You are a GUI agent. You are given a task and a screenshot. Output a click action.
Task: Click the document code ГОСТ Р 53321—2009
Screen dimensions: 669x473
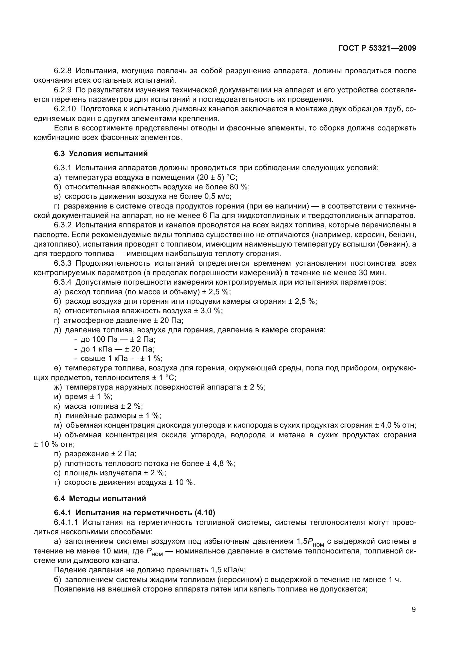coord(377,48)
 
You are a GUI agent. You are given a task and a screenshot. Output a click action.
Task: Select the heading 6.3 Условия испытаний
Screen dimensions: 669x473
coord(101,154)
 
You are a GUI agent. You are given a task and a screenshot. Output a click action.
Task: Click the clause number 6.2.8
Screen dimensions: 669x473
coord(63,71)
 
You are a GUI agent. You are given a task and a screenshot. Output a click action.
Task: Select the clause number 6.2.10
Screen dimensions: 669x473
coord(65,109)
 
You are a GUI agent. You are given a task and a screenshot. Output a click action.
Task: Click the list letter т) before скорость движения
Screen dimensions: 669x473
coord(57,483)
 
